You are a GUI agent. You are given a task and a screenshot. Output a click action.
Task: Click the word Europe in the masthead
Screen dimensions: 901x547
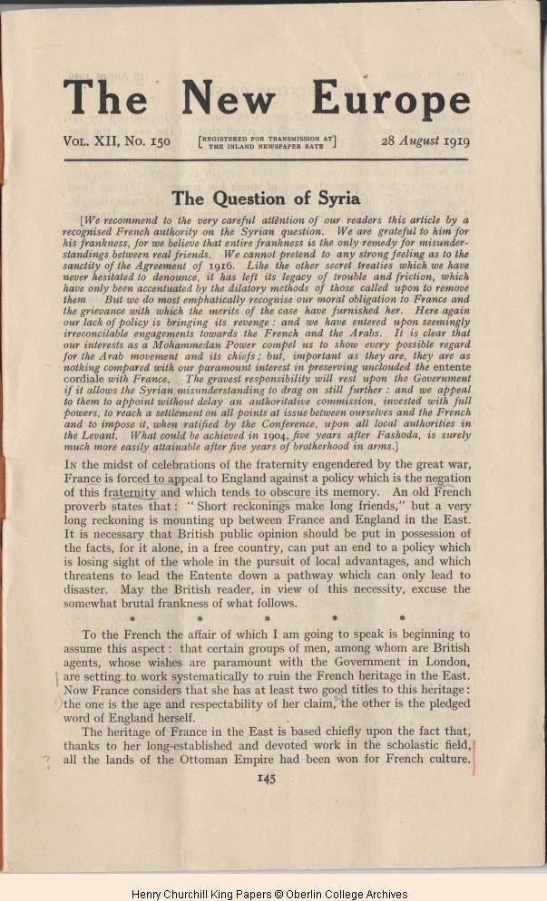pyautogui.click(x=391, y=97)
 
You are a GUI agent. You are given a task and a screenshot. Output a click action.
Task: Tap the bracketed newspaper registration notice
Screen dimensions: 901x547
pyautogui.click(x=267, y=140)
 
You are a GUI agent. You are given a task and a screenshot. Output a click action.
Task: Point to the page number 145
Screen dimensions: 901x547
pyautogui.click(x=266, y=777)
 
